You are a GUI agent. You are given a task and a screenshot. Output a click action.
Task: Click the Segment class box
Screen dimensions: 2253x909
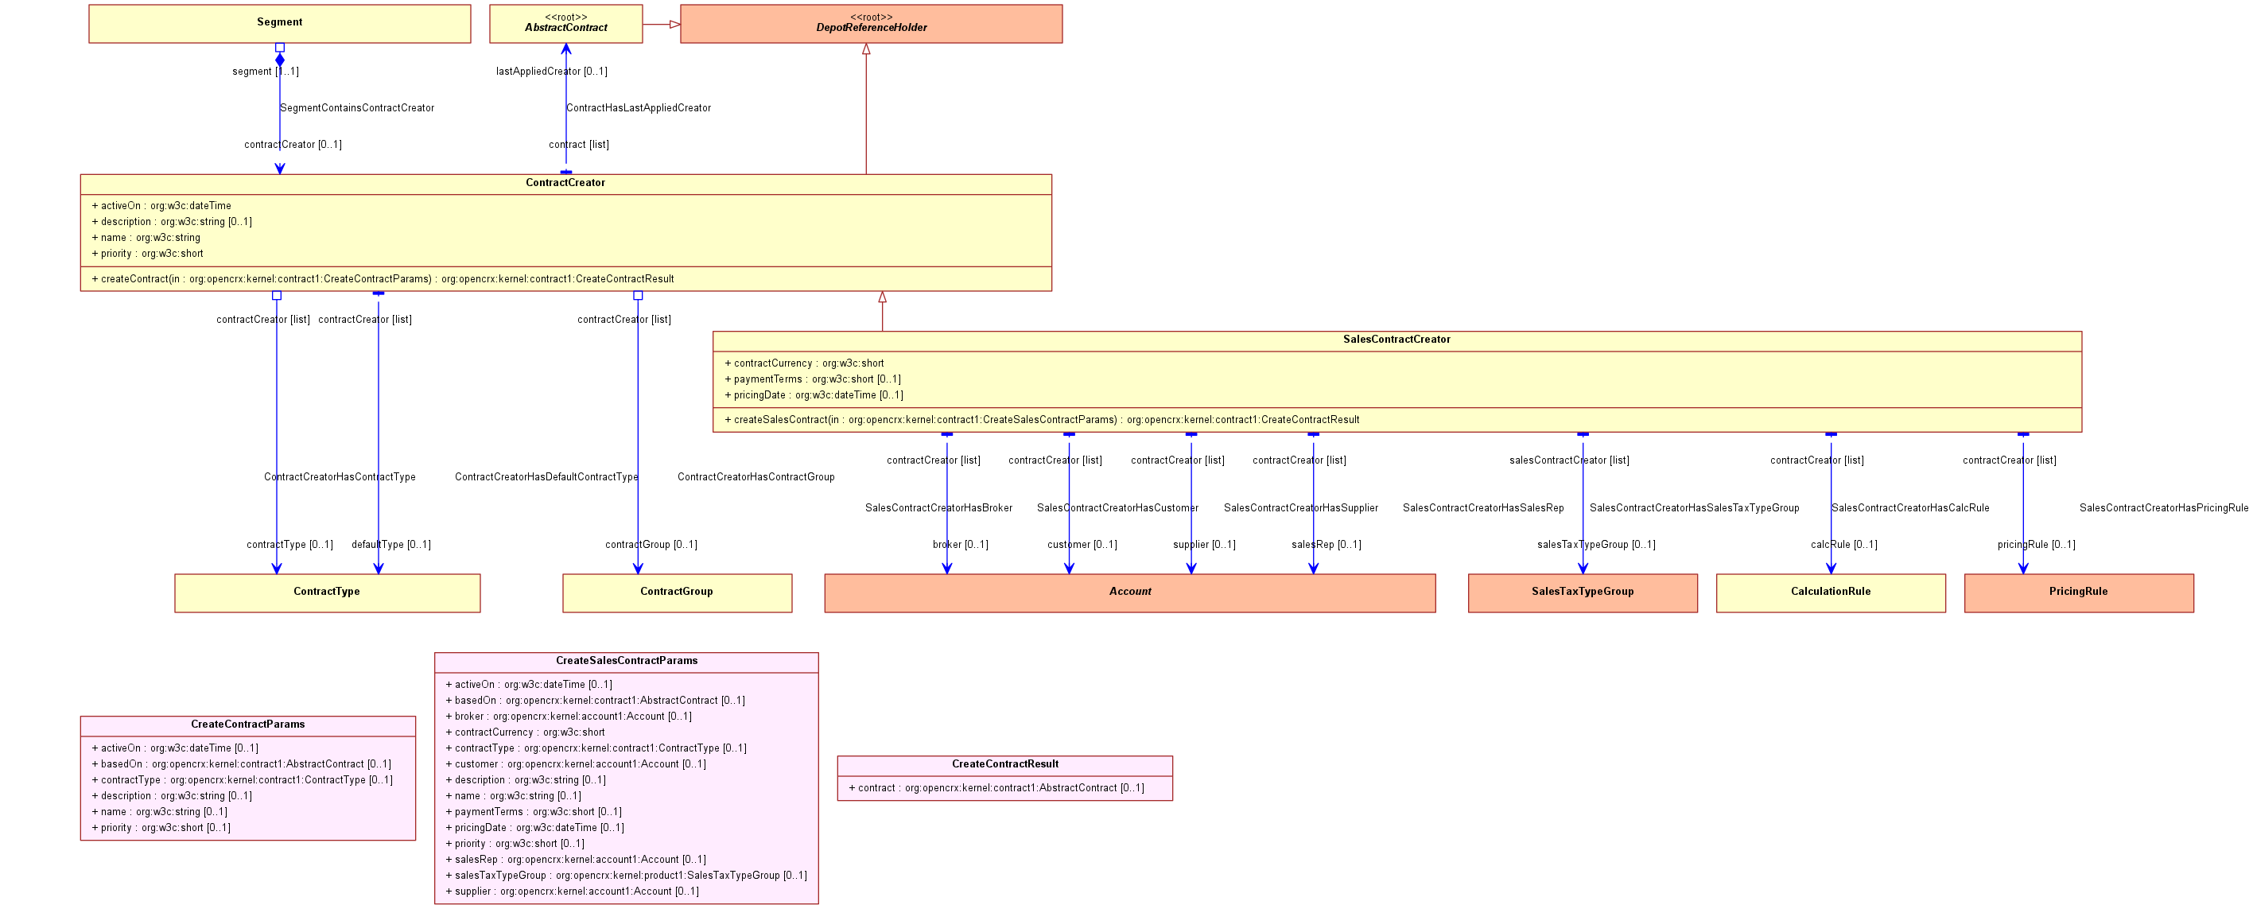click(280, 24)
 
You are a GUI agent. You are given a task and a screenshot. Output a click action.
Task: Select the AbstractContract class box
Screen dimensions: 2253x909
click(566, 24)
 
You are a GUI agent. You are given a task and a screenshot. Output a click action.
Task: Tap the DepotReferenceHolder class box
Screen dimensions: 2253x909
click(871, 24)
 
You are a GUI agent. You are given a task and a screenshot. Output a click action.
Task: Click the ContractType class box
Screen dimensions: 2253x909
click(327, 592)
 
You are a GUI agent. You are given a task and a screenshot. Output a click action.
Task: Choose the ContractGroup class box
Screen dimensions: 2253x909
click(677, 592)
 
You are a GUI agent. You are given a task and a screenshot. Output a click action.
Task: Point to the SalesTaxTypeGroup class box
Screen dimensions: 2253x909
click(1582, 592)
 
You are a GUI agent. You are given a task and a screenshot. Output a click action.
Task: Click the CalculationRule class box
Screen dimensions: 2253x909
click(1831, 592)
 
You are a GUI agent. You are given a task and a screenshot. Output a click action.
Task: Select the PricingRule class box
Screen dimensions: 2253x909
click(2079, 592)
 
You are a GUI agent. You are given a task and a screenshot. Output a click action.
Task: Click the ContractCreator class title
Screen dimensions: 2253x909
click(565, 183)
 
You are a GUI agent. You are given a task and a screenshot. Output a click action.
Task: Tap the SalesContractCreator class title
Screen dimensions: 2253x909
click(1396, 340)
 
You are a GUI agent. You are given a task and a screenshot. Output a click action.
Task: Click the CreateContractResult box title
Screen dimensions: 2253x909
click(1005, 763)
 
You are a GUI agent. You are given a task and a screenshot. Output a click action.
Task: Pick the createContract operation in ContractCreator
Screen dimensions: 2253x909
click(383, 279)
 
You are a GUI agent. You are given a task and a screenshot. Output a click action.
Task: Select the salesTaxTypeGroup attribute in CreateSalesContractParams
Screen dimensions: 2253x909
click(626, 876)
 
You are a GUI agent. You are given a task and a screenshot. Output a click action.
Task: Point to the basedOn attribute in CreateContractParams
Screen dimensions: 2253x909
click(242, 764)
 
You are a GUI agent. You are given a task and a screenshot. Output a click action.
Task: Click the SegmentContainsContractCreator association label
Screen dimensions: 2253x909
click(357, 108)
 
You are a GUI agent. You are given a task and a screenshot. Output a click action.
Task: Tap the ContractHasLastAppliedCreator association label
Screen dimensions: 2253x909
click(639, 108)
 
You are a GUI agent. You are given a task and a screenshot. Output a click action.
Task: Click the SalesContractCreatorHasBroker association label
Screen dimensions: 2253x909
click(938, 508)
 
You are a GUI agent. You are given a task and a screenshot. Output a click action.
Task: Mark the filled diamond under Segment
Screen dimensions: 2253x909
click(280, 60)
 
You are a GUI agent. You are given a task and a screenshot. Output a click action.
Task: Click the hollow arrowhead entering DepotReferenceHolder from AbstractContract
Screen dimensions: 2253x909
click(675, 25)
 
